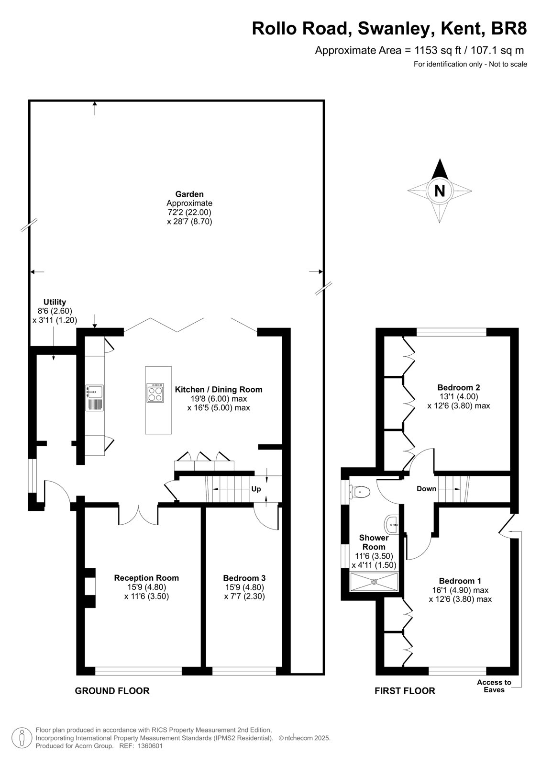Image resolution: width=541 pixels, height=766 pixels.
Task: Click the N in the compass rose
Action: [440, 191]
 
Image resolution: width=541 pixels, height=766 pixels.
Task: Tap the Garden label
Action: [189, 194]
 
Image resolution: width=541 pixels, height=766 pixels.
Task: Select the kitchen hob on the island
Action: [155, 393]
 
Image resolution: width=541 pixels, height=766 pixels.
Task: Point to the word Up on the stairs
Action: [256, 489]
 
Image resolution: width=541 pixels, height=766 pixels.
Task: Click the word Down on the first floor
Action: [426, 489]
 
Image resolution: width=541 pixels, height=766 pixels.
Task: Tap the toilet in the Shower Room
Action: [360, 492]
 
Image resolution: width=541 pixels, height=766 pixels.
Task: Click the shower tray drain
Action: [374, 581]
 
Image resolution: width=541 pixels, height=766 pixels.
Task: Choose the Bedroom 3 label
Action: [244, 578]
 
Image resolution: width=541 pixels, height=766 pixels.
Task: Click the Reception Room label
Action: [146, 578]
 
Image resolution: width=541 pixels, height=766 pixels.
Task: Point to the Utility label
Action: [55, 302]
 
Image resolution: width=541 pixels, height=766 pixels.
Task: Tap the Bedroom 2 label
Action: [459, 387]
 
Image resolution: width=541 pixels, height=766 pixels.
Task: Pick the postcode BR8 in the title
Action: [509, 29]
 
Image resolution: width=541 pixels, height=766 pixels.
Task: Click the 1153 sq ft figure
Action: [437, 51]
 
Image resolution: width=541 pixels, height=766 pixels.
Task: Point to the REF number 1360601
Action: [150, 746]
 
